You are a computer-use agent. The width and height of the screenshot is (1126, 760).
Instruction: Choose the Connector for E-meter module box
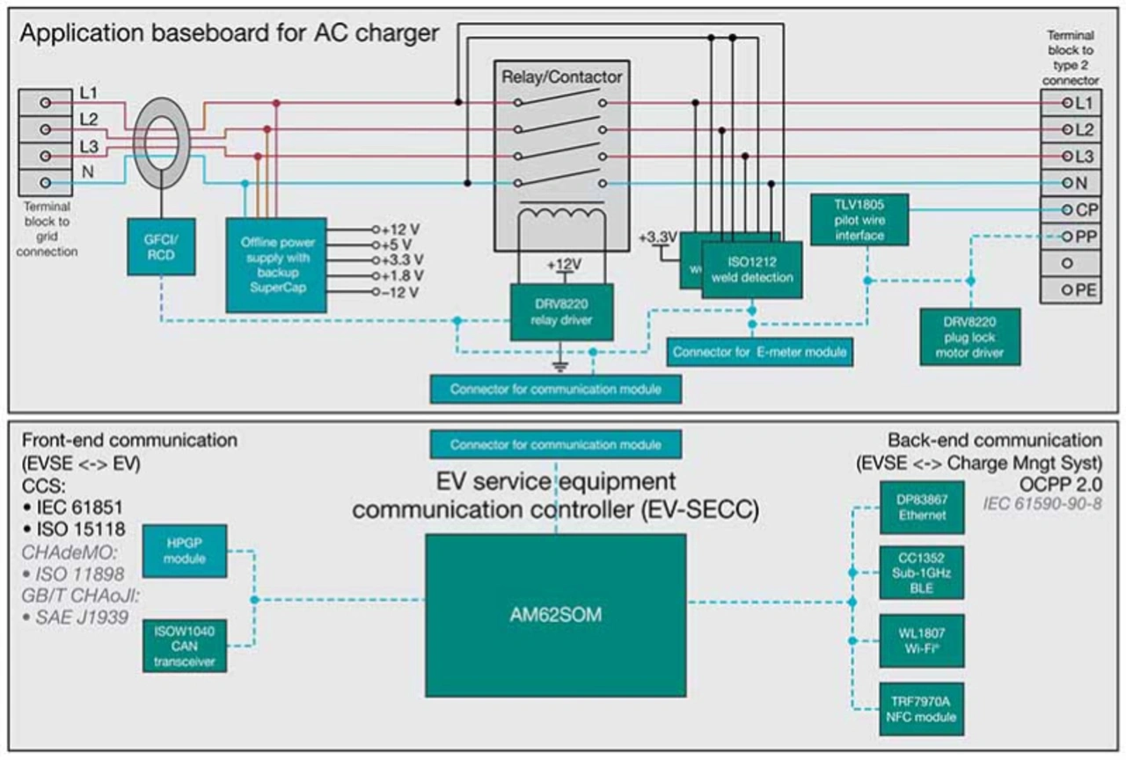tap(759, 352)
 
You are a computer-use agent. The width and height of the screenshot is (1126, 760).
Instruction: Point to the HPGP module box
tap(183, 551)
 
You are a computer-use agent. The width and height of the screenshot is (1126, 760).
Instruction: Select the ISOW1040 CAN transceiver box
tap(183, 646)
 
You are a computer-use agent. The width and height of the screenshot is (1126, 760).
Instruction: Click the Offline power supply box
tap(276, 264)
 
